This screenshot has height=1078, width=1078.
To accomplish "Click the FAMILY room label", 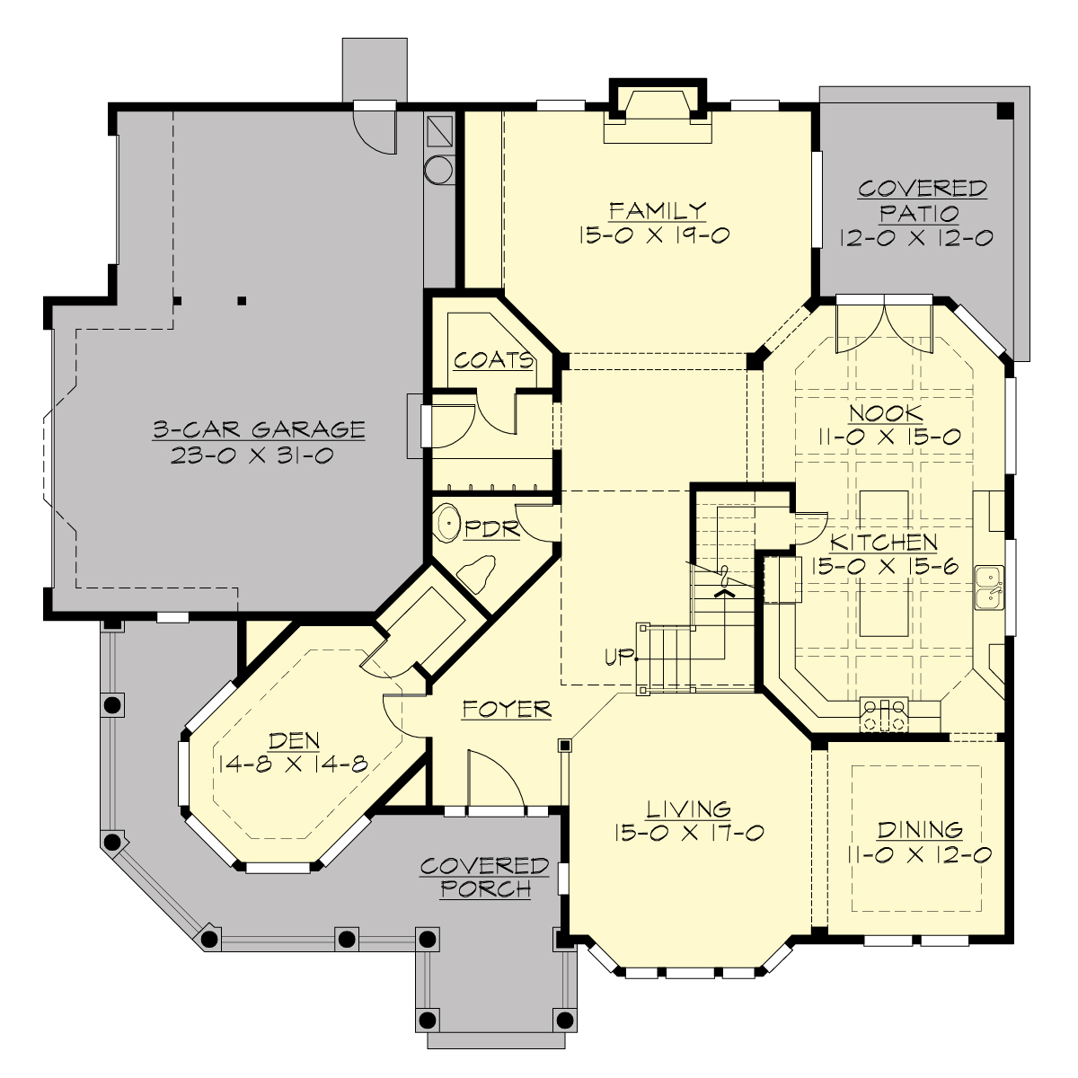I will pos(658,211).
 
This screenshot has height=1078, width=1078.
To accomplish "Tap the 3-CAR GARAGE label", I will pos(259,429).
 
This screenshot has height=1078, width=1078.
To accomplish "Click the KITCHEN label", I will pos(884,543).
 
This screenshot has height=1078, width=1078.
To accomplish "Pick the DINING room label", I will pos(920,830).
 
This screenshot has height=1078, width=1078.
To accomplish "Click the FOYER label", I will pos(507,709).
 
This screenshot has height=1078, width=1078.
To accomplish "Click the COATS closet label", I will pos(493,361).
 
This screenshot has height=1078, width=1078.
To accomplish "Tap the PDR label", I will pos(492,529).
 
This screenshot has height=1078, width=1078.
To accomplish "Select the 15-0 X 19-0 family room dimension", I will pos(658,235).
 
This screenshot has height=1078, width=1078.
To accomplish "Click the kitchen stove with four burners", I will pos(882,714).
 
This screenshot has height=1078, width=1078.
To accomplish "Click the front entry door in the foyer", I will pos(496,782).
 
